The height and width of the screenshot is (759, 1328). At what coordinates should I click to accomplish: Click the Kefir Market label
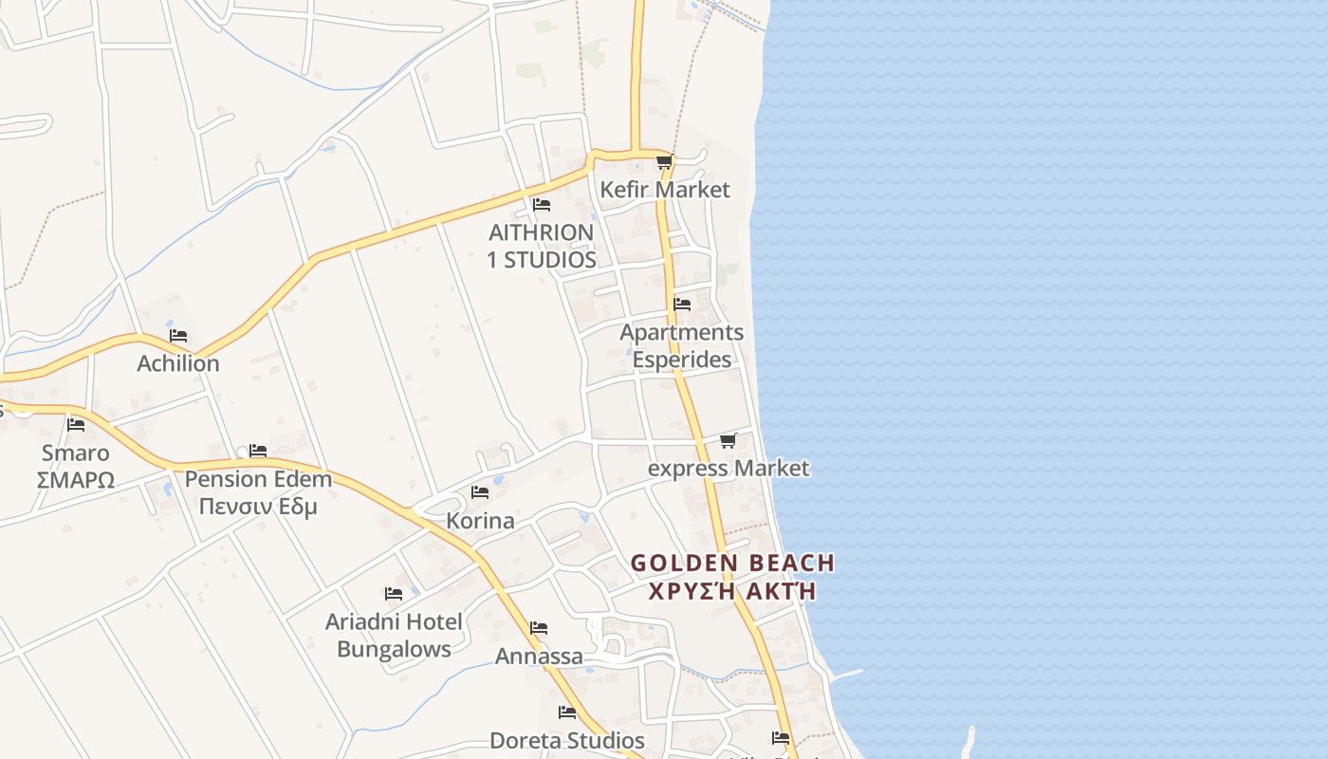pyautogui.click(x=665, y=190)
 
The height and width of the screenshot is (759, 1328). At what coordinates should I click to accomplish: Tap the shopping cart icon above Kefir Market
pyautogui.click(x=664, y=162)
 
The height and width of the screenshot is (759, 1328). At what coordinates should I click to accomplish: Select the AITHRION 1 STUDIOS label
pyautogui.click(x=542, y=246)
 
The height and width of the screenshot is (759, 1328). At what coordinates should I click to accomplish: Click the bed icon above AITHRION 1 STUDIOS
pyautogui.click(x=541, y=204)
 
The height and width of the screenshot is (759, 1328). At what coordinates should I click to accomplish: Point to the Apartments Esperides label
pyautogui.click(x=681, y=346)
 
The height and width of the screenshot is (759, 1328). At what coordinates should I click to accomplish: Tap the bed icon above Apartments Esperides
pyautogui.click(x=682, y=305)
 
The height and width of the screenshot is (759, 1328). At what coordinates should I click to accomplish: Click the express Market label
pyautogui.click(x=729, y=468)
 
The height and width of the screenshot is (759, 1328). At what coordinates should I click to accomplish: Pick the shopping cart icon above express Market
pyautogui.click(x=728, y=440)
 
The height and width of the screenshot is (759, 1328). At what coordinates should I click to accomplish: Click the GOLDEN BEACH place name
pyautogui.click(x=732, y=563)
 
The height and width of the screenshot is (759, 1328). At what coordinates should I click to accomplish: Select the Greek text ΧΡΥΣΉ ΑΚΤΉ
pyautogui.click(x=731, y=591)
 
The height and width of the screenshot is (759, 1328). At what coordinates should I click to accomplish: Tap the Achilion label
pyautogui.click(x=178, y=363)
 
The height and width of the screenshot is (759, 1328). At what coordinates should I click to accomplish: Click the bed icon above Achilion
pyautogui.click(x=178, y=336)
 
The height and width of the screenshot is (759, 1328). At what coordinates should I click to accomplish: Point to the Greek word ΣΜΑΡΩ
pyautogui.click(x=76, y=480)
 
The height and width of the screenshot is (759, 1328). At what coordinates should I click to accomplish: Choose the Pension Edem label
pyautogui.click(x=258, y=478)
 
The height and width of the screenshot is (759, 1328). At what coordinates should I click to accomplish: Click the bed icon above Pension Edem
pyautogui.click(x=258, y=451)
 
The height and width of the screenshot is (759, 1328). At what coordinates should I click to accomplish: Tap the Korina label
pyautogui.click(x=481, y=521)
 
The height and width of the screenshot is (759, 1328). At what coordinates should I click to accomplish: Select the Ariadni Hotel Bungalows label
pyautogui.click(x=394, y=636)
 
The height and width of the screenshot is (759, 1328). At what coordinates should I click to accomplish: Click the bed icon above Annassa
pyautogui.click(x=539, y=628)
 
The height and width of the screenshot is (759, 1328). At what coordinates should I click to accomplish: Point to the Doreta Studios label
pyautogui.click(x=567, y=740)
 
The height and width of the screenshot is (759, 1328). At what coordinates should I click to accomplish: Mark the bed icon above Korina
pyautogui.click(x=480, y=492)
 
